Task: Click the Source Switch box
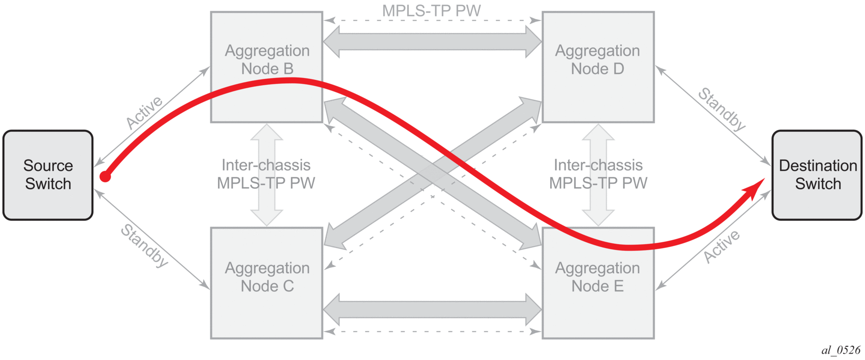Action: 48,175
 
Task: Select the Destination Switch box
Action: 817,175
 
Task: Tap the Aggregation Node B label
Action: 267,60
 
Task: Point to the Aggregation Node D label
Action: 597,60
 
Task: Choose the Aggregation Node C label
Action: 267,277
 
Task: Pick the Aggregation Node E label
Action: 597,277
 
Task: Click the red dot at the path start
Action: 105,176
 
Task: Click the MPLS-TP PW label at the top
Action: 431,11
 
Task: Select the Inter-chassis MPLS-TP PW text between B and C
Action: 266,174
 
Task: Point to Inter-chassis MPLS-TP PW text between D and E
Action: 598,174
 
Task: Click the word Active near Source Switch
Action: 144,112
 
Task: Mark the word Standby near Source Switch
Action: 144,245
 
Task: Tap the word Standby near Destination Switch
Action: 722,110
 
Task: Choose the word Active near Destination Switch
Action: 722,247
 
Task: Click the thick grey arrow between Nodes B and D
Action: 432,42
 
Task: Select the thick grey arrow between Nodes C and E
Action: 432,310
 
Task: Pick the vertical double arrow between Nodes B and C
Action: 267,145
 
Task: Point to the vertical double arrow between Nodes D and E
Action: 599,145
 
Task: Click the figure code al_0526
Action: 841,350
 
